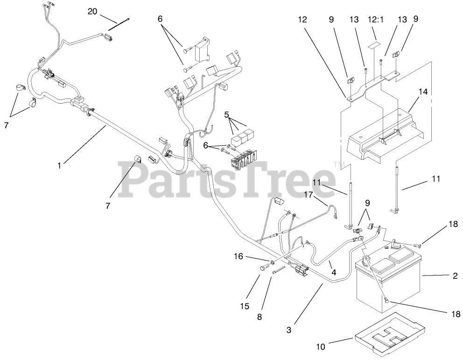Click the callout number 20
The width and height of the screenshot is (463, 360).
(x=92, y=11)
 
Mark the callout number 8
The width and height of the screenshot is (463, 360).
(x=260, y=316)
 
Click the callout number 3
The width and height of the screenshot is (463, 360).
(x=289, y=330)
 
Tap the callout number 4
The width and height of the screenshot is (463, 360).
(x=332, y=272)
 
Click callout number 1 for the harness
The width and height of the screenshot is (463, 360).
(x=59, y=164)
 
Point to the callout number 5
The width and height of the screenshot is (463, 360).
(x=227, y=113)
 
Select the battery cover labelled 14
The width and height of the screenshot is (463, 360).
(x=387, y=135)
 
